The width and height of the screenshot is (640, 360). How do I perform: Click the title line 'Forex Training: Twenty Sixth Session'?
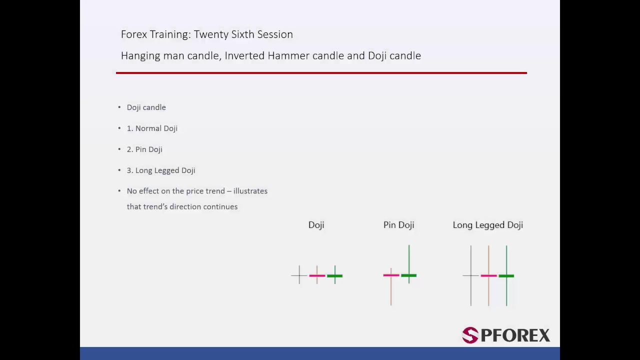tap(206, 34)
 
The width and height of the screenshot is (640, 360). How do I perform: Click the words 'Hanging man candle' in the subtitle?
tap(169, 55)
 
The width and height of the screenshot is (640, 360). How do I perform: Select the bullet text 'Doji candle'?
tap(146, 107)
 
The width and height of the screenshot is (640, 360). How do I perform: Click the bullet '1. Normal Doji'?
tap(152, 128)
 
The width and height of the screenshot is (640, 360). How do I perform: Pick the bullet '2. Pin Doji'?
tap(144, 149)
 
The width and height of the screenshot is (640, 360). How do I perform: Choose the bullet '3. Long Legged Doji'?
tap(160, 170)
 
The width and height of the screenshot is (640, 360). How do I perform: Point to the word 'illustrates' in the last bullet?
tap(250, 191)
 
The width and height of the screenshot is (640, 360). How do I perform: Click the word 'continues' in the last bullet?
tap(220, 206)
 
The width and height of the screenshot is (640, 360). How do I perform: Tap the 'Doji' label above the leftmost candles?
tap(316, 225)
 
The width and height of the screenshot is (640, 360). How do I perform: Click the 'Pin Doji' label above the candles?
tap(398, 225)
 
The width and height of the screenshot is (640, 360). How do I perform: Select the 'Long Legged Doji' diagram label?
tap(487, 225)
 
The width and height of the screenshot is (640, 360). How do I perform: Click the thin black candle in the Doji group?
tap(299, 275)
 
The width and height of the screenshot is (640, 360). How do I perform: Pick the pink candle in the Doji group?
tap(317, 275)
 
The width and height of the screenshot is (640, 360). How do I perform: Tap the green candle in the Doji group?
tap(335, 275)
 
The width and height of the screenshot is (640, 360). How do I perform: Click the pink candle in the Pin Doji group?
tap(391, 275)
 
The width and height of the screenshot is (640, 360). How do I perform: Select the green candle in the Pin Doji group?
tap(409, 275)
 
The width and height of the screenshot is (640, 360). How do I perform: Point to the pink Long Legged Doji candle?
tap(488, 275)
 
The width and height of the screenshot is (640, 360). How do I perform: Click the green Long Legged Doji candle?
tap(506, 275)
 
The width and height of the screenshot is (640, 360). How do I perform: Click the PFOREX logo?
tap(505, 335)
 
